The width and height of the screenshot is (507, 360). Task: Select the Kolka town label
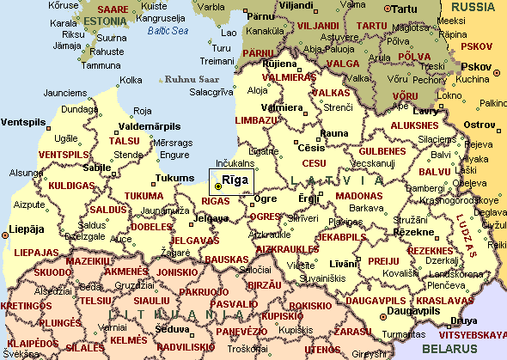pyautogui.click(x=131, y=80)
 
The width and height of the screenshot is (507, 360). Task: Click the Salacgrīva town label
pyautogui.click(x=206, y=92)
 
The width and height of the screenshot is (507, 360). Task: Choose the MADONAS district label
pyautogui.click(x=360, y=196)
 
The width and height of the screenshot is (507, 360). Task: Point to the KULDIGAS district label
pyautogui.click(x=70, y=185)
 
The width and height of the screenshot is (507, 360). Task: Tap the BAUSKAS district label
pyautogui.click(x=226, y=259)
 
